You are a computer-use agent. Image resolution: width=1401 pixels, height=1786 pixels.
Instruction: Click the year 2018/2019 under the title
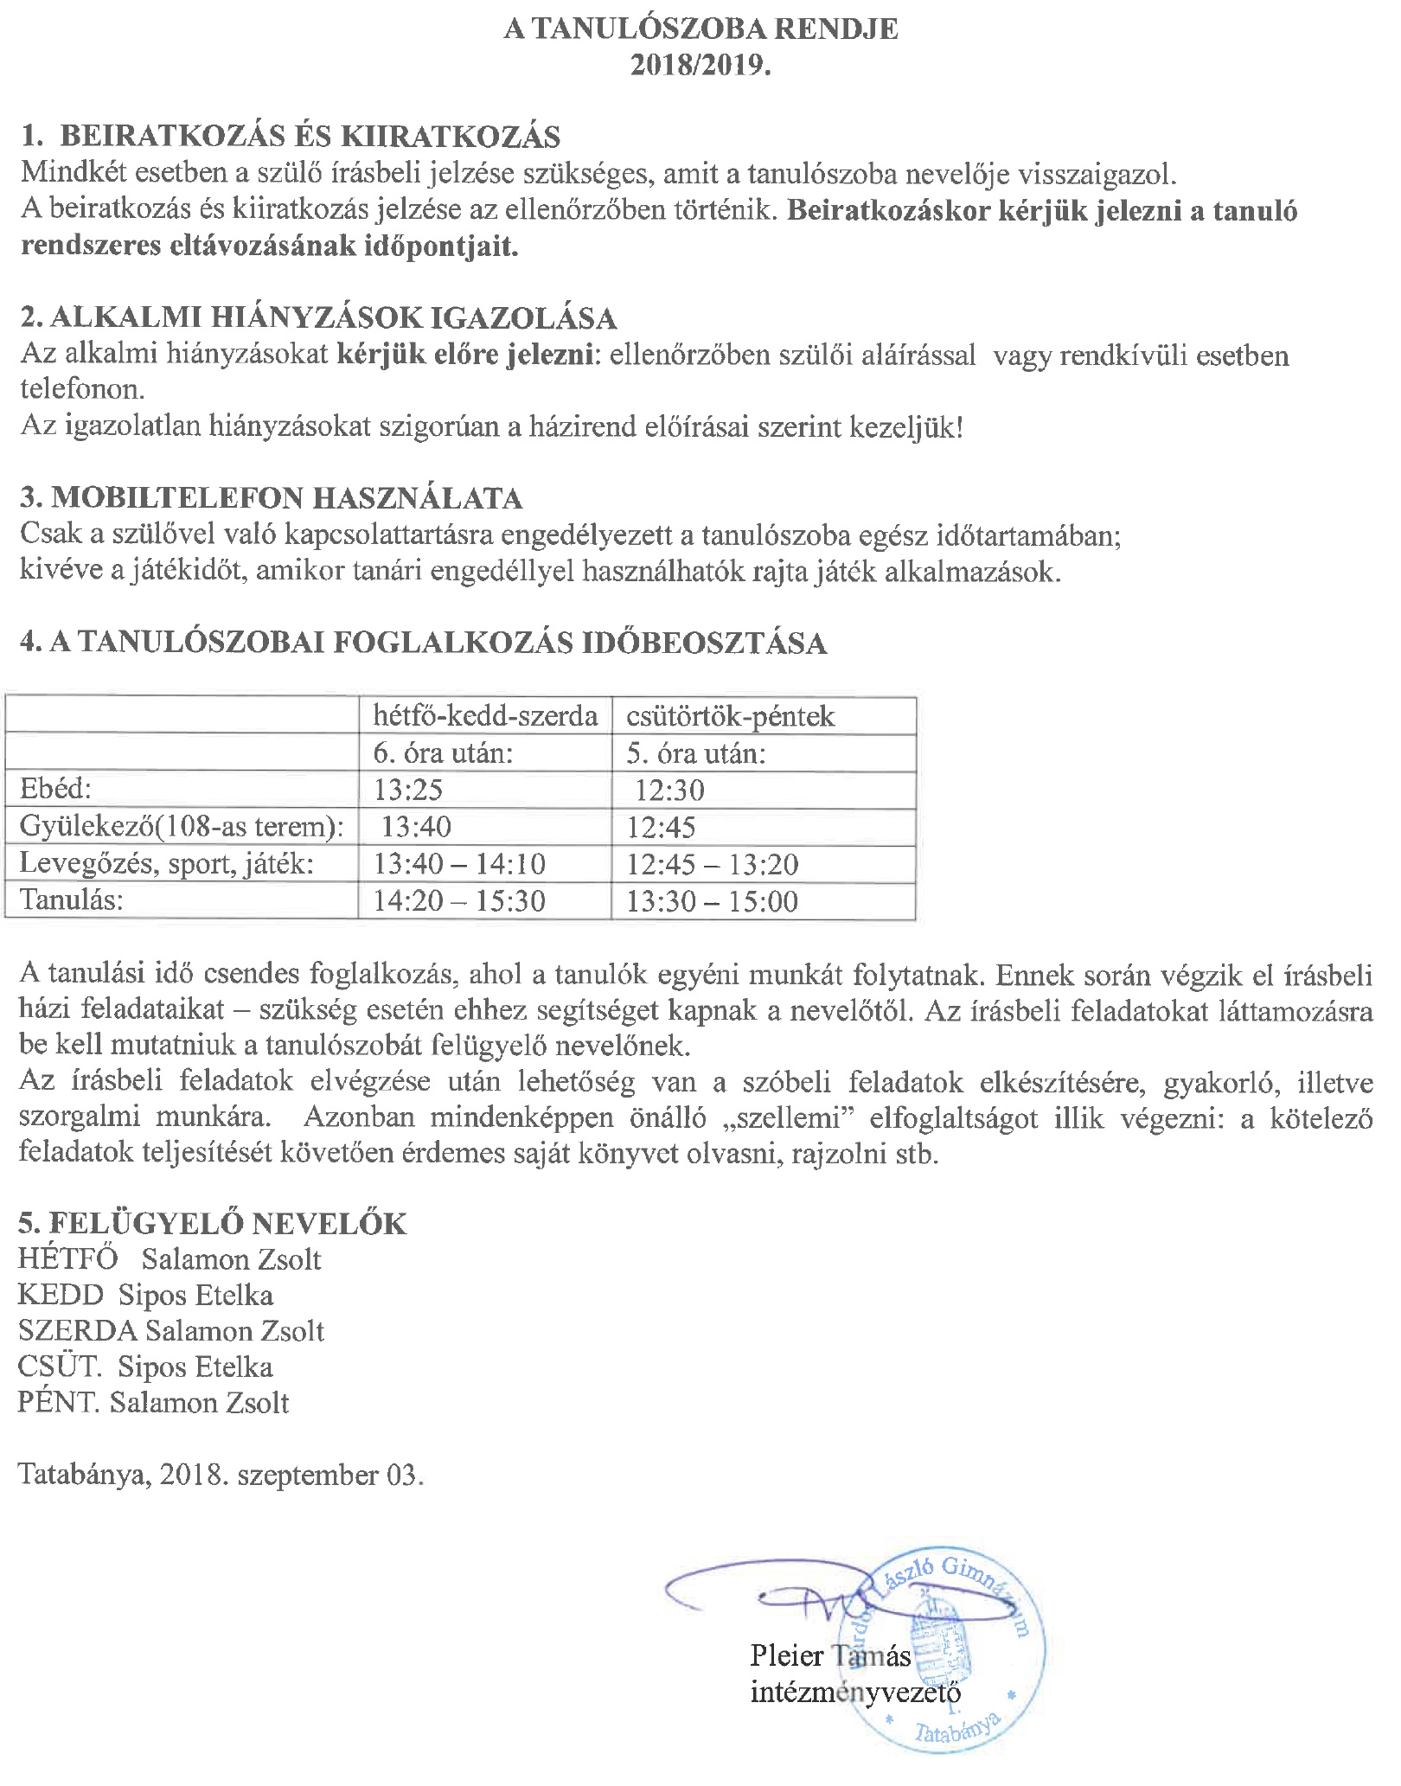[x=700, y=66]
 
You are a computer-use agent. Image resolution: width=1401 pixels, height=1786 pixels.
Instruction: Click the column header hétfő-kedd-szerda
[x=485, y=716]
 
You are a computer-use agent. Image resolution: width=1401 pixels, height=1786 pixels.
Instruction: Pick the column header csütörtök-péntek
[x=731, y=716]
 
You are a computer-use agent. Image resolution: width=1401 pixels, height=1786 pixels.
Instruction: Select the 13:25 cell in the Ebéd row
[x=408, y=790]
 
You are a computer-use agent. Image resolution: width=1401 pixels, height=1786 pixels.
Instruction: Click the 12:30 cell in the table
[x=669, y=790]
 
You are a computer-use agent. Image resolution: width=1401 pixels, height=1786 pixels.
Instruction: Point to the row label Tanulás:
[x=72, y=900]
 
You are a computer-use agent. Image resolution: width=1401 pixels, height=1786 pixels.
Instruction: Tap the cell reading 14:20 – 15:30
[x=459, y=901]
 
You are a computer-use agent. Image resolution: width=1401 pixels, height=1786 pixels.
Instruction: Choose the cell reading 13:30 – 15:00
[x=712, y=901]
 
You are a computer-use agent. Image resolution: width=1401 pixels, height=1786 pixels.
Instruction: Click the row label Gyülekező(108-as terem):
[x=182, y=827]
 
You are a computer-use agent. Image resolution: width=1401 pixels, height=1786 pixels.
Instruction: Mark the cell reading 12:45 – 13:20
[x=713, y=864]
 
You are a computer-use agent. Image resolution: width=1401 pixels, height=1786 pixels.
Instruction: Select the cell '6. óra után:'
[x=444, y=753]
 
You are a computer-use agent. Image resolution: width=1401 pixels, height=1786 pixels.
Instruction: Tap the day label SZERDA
[x=77, y=1331]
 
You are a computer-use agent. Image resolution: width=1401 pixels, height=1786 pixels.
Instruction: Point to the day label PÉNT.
[x=59, y=1402]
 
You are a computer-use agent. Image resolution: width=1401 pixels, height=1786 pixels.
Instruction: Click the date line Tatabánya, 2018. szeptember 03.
[x=221, y=1475]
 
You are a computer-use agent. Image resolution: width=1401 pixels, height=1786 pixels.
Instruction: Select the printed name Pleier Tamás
[x=830, y=1655]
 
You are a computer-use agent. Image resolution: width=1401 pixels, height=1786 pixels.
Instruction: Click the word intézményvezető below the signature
[x=855, y=1692]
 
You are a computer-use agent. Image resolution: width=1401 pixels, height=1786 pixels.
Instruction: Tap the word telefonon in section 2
[x=83, y=389]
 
